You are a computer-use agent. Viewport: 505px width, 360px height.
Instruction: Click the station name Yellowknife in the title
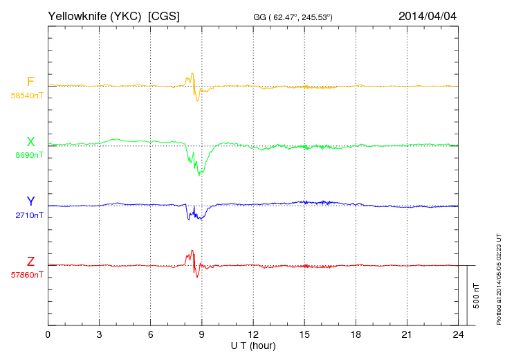76,15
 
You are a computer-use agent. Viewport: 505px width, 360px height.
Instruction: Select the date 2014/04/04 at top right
428,15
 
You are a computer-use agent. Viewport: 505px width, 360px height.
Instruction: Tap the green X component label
30,143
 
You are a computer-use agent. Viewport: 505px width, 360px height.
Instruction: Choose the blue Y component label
30,202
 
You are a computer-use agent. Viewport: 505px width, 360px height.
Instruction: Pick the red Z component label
30,262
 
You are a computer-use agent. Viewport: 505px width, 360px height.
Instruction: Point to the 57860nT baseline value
27,275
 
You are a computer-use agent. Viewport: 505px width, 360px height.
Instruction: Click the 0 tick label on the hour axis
48,335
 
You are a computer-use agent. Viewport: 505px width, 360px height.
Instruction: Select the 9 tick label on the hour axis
202,335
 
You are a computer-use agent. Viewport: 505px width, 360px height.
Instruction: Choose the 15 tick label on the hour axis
304,335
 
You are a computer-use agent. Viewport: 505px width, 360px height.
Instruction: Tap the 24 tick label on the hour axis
458,335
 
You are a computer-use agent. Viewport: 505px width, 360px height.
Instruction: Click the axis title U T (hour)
253,345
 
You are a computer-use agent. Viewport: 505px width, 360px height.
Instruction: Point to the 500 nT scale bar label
476,296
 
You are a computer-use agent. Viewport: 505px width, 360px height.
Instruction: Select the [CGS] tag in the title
164,15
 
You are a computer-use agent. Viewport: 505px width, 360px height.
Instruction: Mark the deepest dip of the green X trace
200,174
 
